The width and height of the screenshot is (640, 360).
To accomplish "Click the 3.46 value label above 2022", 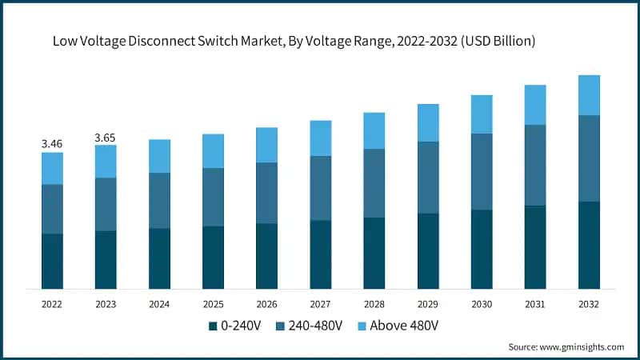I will tap(52, 144).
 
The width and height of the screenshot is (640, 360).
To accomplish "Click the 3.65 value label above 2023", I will tap(106, 138).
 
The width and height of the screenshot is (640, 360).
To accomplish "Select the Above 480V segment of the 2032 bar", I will tap(589, 95).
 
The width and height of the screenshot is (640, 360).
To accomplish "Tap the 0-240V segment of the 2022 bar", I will tap(52, 261).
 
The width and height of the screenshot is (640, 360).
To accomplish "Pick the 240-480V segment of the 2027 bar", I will tap(320, 188).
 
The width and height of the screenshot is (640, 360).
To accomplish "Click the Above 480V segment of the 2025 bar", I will tap(213, 150).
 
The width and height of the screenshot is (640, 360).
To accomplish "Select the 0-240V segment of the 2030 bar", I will tap(482, 249).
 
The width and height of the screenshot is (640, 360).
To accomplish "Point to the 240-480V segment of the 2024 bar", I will tap(159, 200).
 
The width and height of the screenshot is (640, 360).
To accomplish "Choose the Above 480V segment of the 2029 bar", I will tap(428, 122).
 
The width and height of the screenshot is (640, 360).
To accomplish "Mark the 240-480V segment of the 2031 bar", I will tap(535, 165).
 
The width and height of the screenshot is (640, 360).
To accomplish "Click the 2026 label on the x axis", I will tap(266, 304).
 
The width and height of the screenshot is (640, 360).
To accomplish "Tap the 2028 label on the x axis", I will tap(374, 304).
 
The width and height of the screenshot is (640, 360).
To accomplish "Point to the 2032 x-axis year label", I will tap(589, 304).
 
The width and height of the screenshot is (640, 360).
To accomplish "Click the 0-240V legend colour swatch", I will tap(213, 326).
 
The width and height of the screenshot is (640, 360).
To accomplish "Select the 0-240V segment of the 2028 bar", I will tap(374, 253).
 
